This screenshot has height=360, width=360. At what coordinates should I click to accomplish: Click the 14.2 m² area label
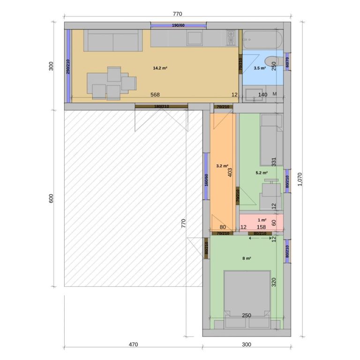[160, 68]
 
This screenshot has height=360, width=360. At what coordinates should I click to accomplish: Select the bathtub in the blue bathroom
[262, 39]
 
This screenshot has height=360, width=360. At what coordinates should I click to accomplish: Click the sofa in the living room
[113, 40]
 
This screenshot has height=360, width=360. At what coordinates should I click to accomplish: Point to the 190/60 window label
[178, 25]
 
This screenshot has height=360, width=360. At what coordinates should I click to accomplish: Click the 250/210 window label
[68, 67]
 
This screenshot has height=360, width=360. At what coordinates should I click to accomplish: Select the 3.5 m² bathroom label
[260, 68]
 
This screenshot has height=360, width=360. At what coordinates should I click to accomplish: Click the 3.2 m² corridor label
[222, 166]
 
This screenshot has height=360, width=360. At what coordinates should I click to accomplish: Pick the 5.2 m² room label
[262, 172]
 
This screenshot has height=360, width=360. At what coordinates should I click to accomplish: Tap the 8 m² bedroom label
[247, 258]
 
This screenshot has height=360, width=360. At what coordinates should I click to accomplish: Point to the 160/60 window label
[206, 180]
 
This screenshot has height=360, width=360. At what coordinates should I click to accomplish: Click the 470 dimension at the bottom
[133, 345]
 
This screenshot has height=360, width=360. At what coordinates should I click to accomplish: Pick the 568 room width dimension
[155, 95]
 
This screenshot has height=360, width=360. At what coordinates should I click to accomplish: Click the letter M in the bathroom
[275, 94]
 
